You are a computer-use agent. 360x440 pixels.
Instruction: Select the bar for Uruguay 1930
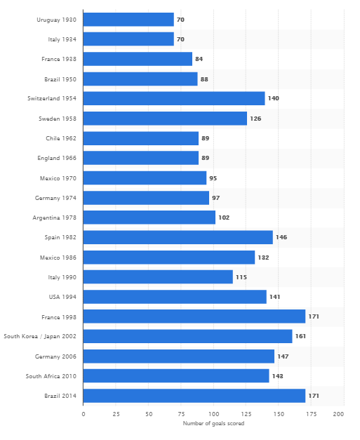point(128,20)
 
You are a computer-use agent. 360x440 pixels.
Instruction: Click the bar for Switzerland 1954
point(174,98)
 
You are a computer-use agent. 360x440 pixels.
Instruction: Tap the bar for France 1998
point(194,316)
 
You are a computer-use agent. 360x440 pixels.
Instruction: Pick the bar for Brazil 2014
point(194,396)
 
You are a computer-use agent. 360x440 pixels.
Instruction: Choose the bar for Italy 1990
point(158,277)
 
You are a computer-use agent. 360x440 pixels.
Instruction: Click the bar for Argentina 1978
point(149,218)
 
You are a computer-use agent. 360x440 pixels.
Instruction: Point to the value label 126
point(256,119)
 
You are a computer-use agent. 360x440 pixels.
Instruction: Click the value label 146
point(281,237)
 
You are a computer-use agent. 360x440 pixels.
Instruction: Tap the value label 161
point(300,336)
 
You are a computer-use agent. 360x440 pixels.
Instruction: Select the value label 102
point(224,218)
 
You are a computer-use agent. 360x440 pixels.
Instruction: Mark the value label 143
point(277,376)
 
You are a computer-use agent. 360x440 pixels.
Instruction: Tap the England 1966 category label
point(57,159)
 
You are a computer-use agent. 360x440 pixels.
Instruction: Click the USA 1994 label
point(62,297)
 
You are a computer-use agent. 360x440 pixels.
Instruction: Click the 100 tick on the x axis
point(213,415)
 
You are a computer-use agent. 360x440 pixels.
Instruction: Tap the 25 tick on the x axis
point(116,415)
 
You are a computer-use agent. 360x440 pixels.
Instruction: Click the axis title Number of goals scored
point(213,424)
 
